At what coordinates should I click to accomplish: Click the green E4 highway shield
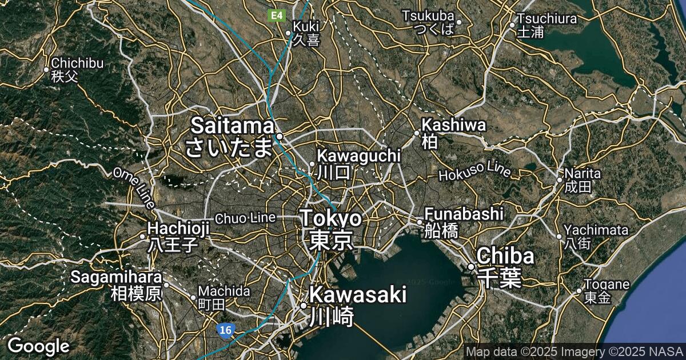[277, 15]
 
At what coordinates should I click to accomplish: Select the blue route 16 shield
[225, 330]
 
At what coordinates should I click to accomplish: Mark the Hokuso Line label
[475, 171]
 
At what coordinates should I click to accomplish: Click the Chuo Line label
[245, 218]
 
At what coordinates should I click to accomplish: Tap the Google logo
[38, 346]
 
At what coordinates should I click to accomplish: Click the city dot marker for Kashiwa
[417, 133]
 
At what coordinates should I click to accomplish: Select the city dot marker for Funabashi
[419, 222]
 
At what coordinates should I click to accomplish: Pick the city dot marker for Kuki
[288, 33]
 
